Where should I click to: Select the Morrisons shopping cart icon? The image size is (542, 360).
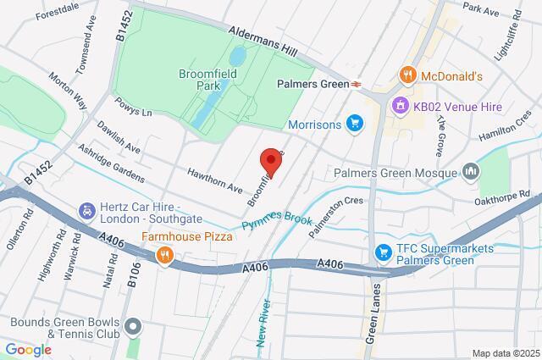tap(356, 125)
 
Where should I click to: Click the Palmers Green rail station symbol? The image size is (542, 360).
tap(358, 84)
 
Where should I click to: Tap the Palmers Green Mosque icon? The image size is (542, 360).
tap(472, 173)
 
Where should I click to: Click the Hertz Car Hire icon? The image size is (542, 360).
tap(86, 209)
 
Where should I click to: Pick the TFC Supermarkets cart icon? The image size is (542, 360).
tap(382, 252)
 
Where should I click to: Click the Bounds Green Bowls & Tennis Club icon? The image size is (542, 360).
tap(132, 326)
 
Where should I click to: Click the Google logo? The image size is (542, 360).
tap(28, 349)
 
